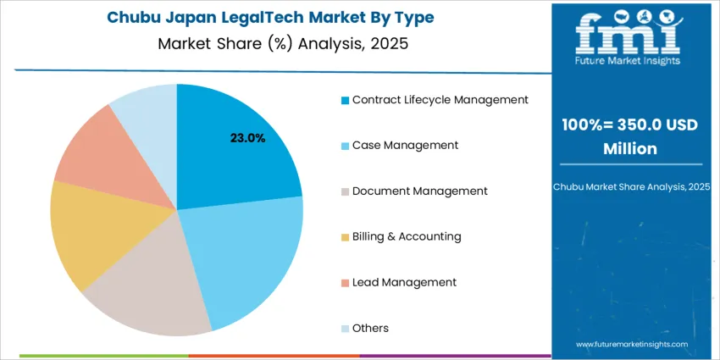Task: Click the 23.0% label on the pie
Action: tap(247, 137)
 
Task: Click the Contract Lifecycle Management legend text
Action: tap(440, 100)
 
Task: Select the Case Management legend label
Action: tap(405, 146)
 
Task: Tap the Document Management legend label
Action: tap(419, 191)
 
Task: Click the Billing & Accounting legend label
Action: tap(407, 237)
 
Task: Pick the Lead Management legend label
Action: tap(404, 282)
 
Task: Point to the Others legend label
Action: tap(370, 328)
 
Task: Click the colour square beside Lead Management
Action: tap(345, 283)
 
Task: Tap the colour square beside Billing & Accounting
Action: tap(345, 237)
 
